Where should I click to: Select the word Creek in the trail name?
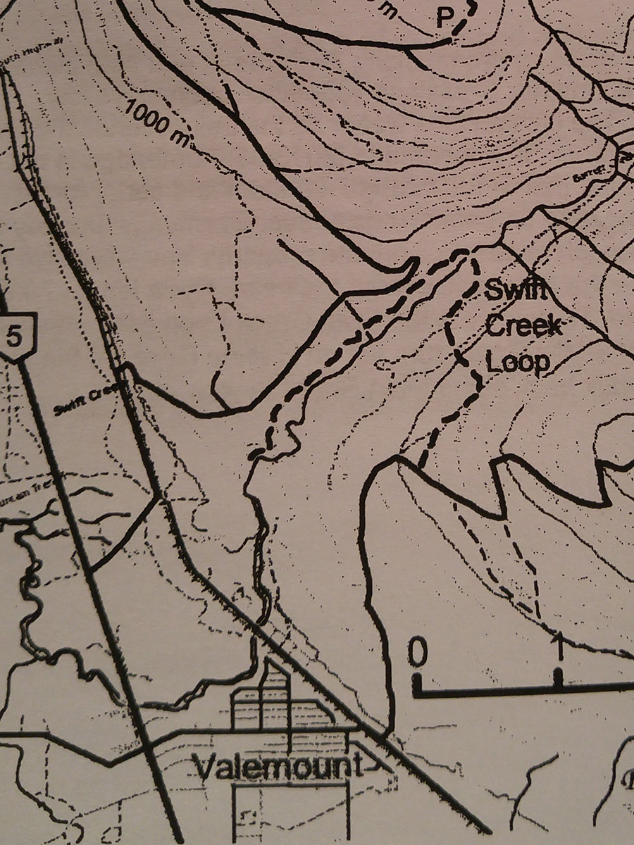[524, 327]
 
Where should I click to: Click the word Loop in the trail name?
[518, 362]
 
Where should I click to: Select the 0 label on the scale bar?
[417, 653]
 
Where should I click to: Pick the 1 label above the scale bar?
[559, 644]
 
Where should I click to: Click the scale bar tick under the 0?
[417, 682]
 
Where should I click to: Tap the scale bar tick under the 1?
[559, 677]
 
